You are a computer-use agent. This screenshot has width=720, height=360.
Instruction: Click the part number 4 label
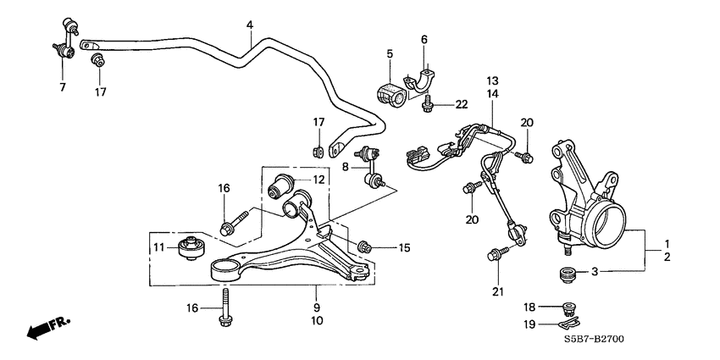point(250,25)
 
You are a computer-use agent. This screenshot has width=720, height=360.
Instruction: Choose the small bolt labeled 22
point(428,104)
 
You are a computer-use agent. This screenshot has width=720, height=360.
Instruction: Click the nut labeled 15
point(364,246)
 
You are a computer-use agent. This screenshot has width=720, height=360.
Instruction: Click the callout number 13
point(492,80)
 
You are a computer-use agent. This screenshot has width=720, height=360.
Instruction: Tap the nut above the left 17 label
point(98,61)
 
